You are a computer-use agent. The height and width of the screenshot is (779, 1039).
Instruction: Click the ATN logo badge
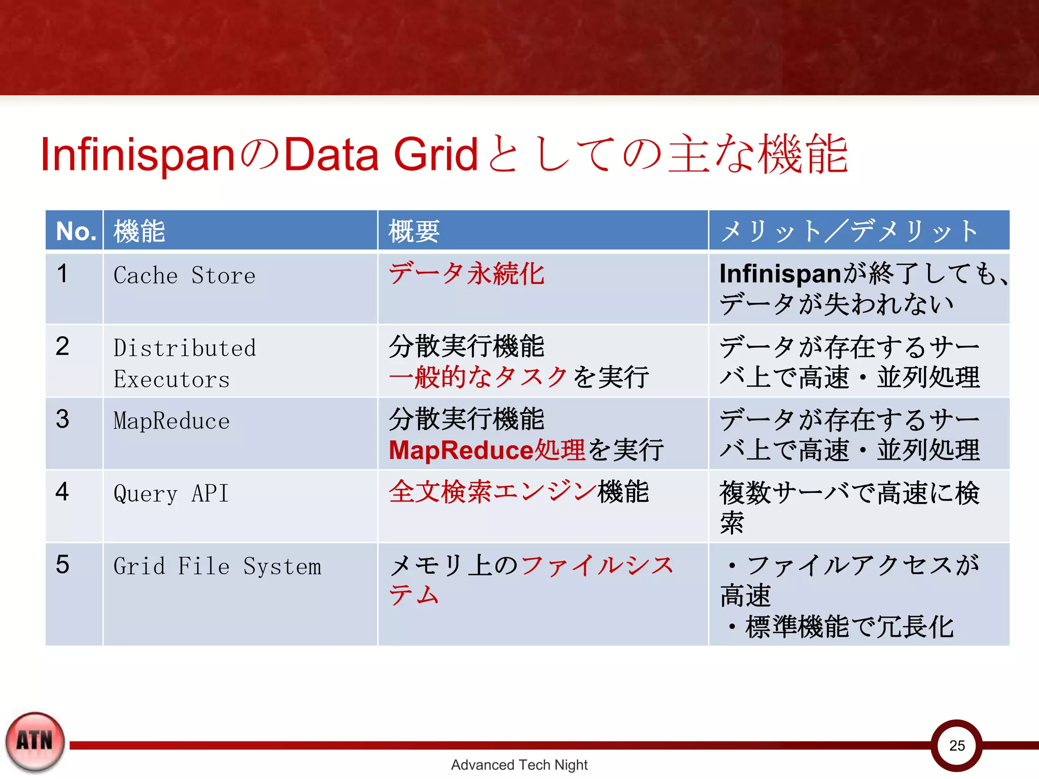[x=35, y=741]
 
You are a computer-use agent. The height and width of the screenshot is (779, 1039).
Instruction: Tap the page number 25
[x=957, y=746]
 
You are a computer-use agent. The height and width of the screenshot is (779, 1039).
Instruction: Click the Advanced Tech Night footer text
[x=519, y=765]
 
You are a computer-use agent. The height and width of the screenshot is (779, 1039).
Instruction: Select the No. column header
[x=76, y=231]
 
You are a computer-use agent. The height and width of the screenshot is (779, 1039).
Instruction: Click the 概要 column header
[x=414, y=231]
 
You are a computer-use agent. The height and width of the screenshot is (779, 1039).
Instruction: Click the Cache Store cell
[x=184, y=275]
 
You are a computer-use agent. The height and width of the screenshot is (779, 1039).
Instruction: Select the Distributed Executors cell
[x=184, y=363]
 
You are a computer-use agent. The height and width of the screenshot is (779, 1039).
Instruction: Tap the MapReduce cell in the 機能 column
[x=171, y=421]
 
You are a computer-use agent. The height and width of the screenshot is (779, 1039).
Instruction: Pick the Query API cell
[x=171, y=493]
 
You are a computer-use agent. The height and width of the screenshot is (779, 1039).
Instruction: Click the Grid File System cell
[x=217, y=566]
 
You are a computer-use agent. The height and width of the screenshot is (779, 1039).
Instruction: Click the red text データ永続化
[x=466, y=274]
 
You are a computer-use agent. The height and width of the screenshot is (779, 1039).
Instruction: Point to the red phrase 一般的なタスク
[x=478, y=377]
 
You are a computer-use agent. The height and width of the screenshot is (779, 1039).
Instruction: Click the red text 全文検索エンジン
[x=492, y=492]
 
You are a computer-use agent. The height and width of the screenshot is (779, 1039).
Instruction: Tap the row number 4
[x=62, y=491]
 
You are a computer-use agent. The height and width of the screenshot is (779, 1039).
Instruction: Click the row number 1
[x=62, y=274]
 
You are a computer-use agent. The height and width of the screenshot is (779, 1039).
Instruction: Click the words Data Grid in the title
[x=381, y=154]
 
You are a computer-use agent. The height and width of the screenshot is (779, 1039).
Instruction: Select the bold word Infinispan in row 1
[x=780, y=274]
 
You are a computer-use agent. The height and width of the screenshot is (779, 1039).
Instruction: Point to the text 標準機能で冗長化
[x=849, y=627]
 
